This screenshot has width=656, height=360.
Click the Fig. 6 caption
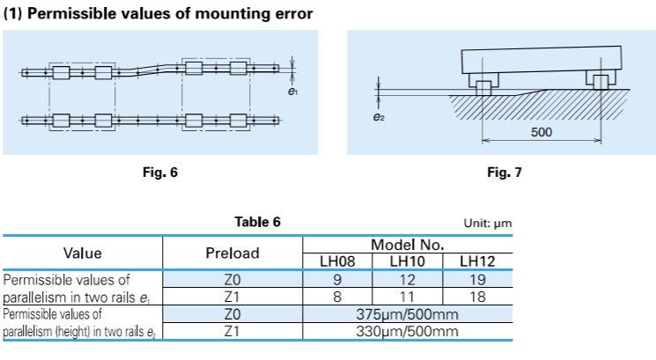click(159, 173)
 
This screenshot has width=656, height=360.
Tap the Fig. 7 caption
click(505, 173)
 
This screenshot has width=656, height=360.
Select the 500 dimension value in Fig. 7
click(542, 132)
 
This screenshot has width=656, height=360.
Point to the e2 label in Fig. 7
click(379, 115)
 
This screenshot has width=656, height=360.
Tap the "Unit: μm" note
click(487, 224)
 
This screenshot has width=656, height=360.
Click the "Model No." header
click(407, 244)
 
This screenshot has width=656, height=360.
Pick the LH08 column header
click(337, 261)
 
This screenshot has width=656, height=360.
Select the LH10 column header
click(407, 261)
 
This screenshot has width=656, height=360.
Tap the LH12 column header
click(477, 261)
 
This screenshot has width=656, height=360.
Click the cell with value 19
click(477, 279)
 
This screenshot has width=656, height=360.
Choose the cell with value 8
click(337, 297)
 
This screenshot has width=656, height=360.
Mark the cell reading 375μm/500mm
click(407, 314)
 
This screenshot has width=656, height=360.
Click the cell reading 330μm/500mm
click(407, 332)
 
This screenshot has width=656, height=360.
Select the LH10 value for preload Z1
click(407, 297)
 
